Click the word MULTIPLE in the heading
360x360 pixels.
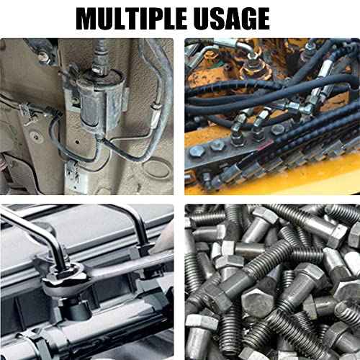[131, 19]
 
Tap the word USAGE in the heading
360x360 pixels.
[231, 19]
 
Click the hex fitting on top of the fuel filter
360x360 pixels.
[99, 68]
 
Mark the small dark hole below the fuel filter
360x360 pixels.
[77, 142]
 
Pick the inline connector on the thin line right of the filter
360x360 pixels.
[156, 113]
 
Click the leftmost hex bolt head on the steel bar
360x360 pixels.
[197, 152]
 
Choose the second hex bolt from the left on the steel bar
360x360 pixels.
[218, 145]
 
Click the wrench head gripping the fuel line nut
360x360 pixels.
[63, 279]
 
